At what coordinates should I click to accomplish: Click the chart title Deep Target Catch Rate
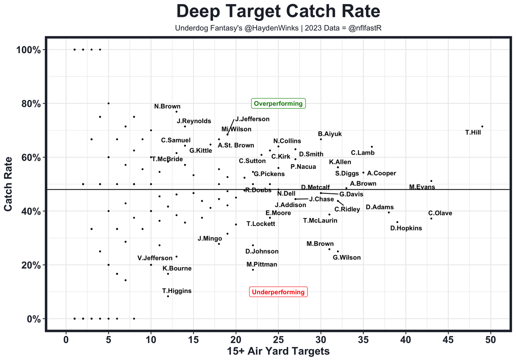point(278,11)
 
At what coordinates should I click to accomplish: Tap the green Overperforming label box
point(278,104)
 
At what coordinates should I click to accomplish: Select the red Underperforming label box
point(278,292)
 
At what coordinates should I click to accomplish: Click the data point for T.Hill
point(482,127)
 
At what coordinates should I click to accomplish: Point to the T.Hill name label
point(473,132)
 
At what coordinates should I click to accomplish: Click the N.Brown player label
point(167,107)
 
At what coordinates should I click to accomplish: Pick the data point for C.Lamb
point(372,147)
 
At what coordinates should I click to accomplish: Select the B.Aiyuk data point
point(321,139)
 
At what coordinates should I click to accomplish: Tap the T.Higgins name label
point(177,291)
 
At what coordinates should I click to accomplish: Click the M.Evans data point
point(431,181)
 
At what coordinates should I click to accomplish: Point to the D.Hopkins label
point(406,228)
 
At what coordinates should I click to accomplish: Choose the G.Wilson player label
point(347,257)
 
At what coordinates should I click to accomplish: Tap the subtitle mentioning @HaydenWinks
point(278,29)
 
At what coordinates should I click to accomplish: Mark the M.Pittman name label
point(262,265)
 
